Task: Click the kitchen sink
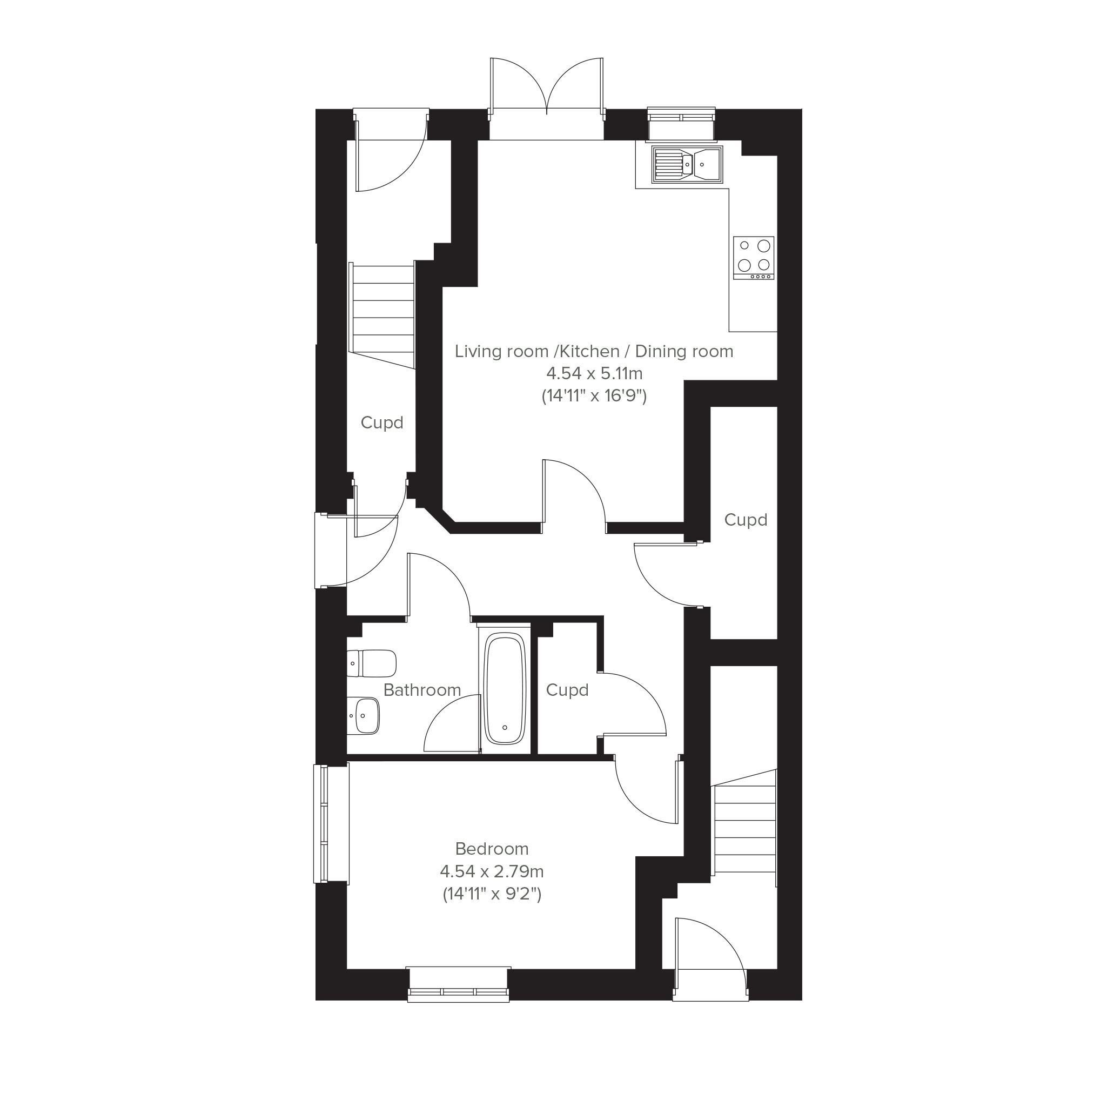tap(687, 164)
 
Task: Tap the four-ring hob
tap(754, 257)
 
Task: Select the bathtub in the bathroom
tap(505, 689)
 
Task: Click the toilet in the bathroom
tap(372, 663)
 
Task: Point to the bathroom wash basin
tap(364, 716)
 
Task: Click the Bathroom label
tap(422, 690)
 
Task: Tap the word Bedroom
tap(492, 849)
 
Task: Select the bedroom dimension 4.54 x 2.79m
tap(492, 871)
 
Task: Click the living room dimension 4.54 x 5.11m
tap(594, 373)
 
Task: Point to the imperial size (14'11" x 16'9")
tap(594, 395)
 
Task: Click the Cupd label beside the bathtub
tap(567, 690)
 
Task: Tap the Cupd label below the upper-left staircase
tap(381, 422)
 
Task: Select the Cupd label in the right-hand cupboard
tap(745, 520)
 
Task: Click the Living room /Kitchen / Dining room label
tap(594, 351)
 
